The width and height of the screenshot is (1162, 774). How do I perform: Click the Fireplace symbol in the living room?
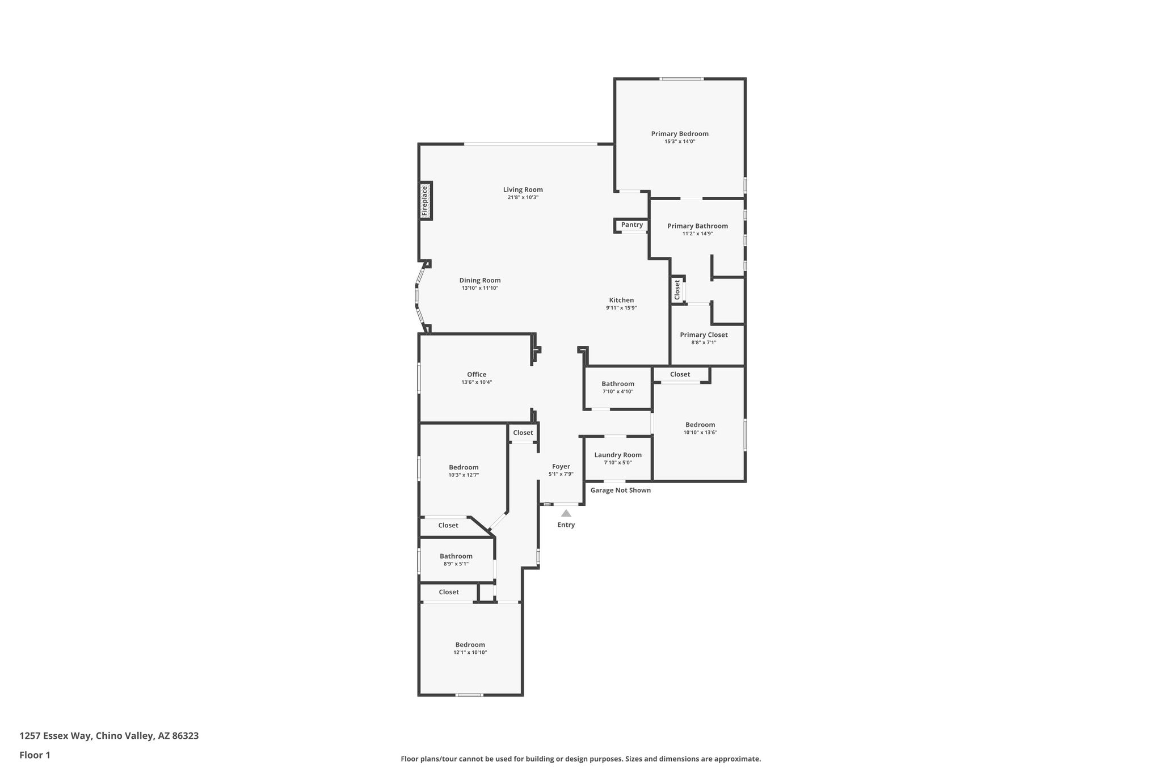(426, 201)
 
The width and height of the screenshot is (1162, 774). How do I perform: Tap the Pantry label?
(632, 225)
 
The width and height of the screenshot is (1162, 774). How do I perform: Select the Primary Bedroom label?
(680, 134)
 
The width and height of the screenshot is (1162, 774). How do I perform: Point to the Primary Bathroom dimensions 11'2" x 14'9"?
(697, 234)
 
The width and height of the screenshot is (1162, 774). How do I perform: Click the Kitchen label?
(621, 301)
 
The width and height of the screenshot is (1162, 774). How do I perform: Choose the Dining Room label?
(480, 280)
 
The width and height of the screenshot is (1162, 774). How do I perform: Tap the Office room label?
(477, 374)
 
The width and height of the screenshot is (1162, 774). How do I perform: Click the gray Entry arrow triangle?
(566, 513)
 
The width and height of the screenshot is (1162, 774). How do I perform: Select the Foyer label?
(561, 467)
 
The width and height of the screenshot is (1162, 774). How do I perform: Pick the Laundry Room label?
(618, 455)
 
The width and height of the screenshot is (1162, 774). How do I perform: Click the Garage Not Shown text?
(621, 490)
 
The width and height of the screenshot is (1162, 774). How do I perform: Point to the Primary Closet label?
(704, 335)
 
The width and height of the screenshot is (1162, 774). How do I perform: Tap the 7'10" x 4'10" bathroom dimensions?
(618, 392)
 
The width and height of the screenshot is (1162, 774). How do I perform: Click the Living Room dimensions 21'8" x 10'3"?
(523, 197)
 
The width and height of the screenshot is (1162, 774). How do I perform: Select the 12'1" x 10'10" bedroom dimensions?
(470, 653)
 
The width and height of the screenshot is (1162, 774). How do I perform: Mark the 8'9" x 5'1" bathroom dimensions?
(456, 564)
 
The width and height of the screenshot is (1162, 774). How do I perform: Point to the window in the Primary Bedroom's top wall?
(681, 79)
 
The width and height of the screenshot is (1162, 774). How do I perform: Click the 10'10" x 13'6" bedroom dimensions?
(700, 433)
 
